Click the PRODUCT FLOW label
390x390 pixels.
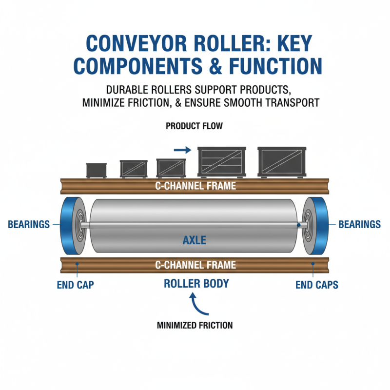click(194, 126)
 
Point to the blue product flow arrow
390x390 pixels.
click(182, 151)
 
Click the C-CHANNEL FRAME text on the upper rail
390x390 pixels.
click(195, 186)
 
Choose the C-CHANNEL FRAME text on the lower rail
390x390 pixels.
click(195, 265)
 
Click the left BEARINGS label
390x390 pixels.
click(29, 225)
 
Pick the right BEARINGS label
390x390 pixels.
click(359, 225)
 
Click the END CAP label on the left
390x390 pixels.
click(75, 285)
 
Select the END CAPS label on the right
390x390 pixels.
click(317, 285)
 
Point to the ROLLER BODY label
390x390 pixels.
click(196, 283)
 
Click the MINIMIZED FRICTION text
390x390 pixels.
click(195, 325)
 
